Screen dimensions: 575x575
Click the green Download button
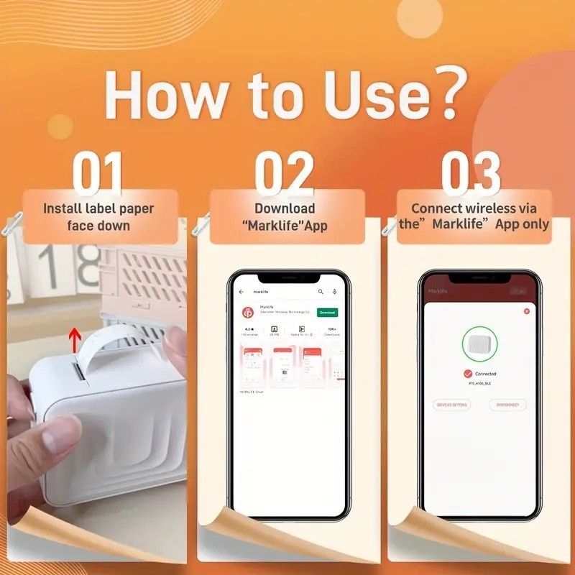327,313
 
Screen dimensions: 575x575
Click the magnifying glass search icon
321,292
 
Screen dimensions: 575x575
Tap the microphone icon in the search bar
335,292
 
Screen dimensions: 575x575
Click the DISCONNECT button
507,405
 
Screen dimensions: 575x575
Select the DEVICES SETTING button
452,405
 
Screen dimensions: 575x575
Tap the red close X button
526,311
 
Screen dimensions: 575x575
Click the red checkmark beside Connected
468,374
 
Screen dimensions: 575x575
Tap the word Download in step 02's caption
285,208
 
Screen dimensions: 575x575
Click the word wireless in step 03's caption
487,208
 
